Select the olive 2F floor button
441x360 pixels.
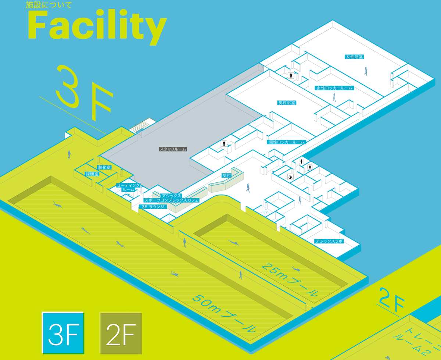coord(121,333)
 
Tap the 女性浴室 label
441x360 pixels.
coord(354,57)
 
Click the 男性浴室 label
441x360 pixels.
coord(287,103)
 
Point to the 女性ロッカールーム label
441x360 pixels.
coord(334,88)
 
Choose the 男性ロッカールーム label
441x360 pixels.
coord(287,142)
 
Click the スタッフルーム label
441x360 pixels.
coord(173,149)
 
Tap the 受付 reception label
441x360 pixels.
coord(226,175)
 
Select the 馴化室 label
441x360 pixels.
coord(104,167)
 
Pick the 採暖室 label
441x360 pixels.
coord(92,174)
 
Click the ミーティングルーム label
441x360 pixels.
coord(128,187)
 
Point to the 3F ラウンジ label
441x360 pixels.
coord(153,207)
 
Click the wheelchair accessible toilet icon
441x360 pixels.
coord(290,177)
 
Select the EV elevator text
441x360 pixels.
coord(266,212)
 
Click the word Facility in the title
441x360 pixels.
coord(97,26)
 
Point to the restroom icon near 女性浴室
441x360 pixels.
coord(291,75)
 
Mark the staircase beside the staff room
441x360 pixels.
coord(142,125)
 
